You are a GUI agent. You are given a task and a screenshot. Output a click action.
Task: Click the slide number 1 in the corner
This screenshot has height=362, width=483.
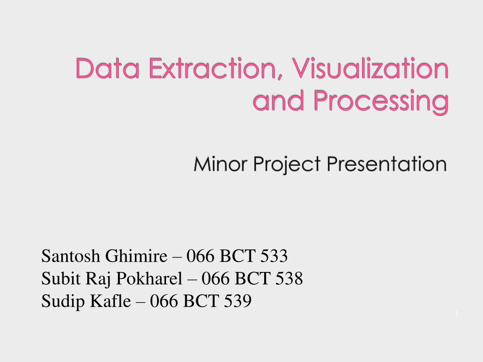point(457,313)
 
